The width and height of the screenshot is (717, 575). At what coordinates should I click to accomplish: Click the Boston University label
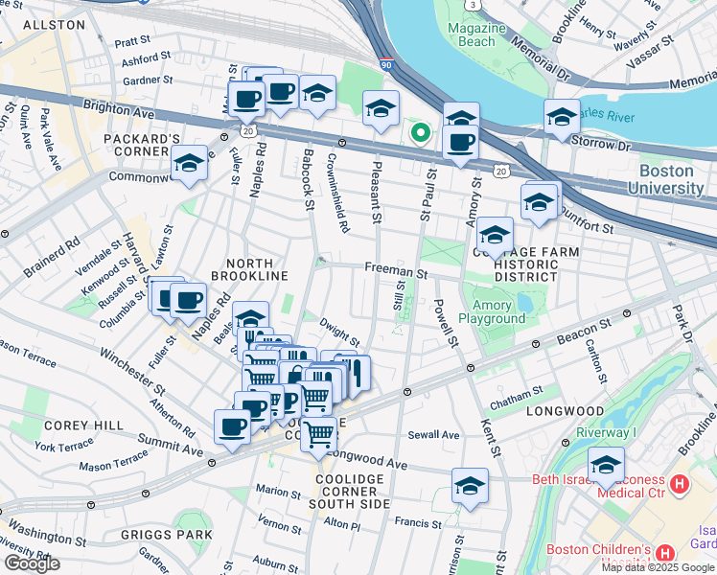click(666, 179)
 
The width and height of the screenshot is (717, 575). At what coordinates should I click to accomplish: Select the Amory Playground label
click(492, 310)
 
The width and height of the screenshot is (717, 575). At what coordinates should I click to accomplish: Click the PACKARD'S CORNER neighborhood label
click(143, 147)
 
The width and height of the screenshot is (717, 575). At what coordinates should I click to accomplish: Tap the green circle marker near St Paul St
click(419, 133)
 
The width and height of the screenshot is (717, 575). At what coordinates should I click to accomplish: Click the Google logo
click(32, 563)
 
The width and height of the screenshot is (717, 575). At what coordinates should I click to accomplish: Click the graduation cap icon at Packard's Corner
click(190, 164)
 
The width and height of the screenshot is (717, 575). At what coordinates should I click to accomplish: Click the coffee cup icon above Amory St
click(461, 142)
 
